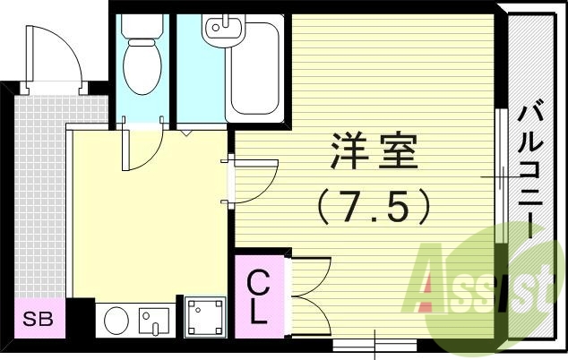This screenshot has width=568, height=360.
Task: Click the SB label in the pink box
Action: [x=37, y=319]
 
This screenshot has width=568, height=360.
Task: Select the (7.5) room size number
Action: [x=374, y=208]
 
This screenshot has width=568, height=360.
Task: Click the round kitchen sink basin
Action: [x=117, y=320]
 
